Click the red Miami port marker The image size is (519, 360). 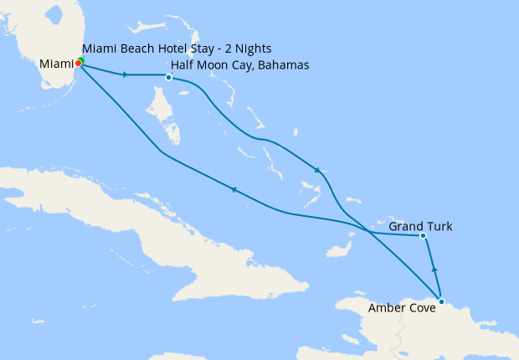coord(78,63)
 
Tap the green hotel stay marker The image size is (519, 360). coord(81,60)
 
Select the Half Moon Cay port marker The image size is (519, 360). coord(169,78)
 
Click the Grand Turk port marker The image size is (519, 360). coord(424,236)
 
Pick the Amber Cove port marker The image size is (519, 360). coord(441,301)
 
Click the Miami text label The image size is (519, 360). coord(56,64)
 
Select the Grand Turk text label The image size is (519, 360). coord(416,224)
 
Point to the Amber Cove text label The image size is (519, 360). coord(402,307)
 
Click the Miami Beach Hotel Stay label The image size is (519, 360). coord(177,49)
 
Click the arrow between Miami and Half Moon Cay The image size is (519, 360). coord(125,75)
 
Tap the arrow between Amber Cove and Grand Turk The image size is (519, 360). coord(434,269)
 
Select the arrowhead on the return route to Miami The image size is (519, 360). coord(234,190)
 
